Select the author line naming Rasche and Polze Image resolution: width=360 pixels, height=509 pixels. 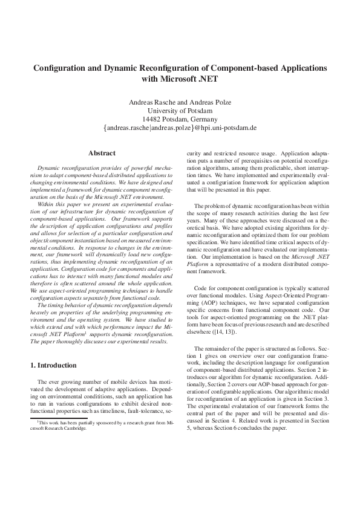coord(180,102)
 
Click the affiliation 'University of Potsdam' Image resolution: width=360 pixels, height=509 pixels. coord(180,111)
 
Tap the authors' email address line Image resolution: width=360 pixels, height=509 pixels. coord(180,128)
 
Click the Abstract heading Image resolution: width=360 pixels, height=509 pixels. coord(102,154)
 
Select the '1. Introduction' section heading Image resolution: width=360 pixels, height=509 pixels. coord(53,365)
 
